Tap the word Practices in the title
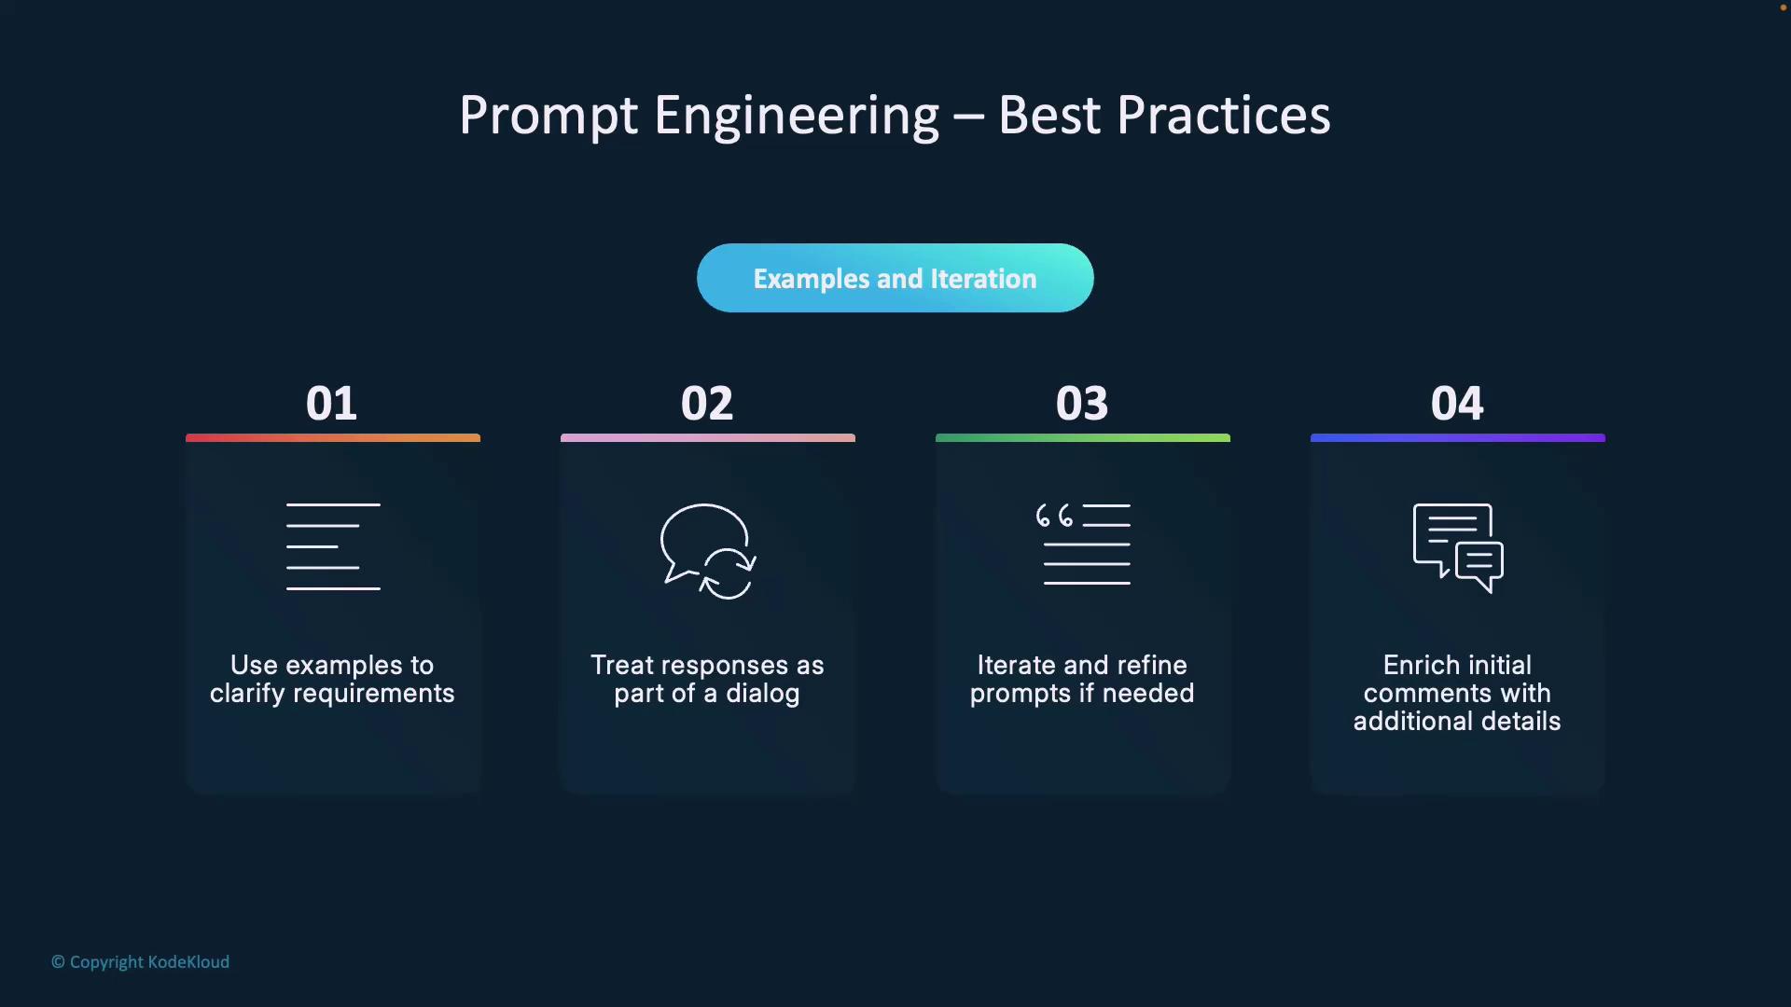1223,115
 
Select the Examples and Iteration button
895,278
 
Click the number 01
331,403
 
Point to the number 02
707,403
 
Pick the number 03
1082,403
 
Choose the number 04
1457,403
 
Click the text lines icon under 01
333,546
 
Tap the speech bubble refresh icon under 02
708,551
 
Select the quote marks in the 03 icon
1054,516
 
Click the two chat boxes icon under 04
1458,548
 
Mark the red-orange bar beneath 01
333,437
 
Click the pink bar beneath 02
708,437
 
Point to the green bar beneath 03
1083,437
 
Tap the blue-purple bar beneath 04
1458,437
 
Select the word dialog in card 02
763,694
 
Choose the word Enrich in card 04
1417,665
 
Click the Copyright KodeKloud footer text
140,962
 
